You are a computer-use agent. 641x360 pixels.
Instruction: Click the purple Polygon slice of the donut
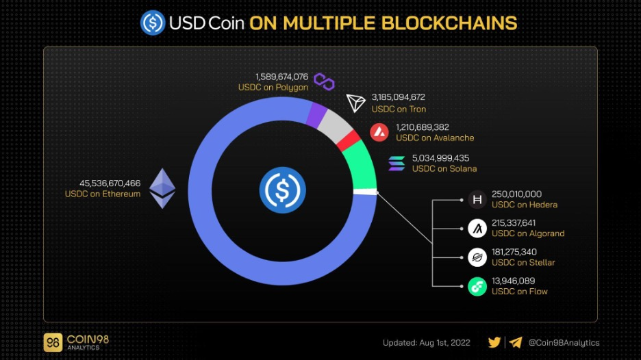[x=317, y=115]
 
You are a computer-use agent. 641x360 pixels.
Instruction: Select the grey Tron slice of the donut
[x=336, y=126]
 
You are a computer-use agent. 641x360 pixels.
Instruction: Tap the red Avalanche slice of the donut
[x=349, y=141]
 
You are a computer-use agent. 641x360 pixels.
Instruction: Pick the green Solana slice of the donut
[x=361, y=166]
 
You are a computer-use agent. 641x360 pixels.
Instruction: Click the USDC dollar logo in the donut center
[x=282, y=190]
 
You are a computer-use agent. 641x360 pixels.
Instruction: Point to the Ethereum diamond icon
[x=162, y=188]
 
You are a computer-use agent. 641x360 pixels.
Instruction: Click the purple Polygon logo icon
[x=324, y=81]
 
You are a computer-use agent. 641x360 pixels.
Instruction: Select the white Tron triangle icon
[x=355, y=103]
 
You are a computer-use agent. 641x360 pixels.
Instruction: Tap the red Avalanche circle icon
[x=379, y=132]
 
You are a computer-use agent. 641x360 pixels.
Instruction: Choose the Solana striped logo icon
[x=397, y=164]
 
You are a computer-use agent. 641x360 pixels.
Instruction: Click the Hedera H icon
[x=477, y=200]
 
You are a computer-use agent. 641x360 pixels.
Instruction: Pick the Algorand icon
[x=477, y=229]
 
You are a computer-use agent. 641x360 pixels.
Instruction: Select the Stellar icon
[x=477, y=257]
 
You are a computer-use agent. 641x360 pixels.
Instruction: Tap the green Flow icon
[x=477, y=287]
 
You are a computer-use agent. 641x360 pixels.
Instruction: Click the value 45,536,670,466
[x=110, y=183]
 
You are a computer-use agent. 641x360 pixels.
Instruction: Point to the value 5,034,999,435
[x=441, y=158]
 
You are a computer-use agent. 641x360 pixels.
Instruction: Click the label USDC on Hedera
[x=525, y=205]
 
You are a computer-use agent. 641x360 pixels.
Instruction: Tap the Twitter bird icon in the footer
[x=494, y=342]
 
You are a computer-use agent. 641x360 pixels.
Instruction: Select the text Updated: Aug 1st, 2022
[x=427, y=343]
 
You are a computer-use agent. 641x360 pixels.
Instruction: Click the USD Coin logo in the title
[x=153, y=23]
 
